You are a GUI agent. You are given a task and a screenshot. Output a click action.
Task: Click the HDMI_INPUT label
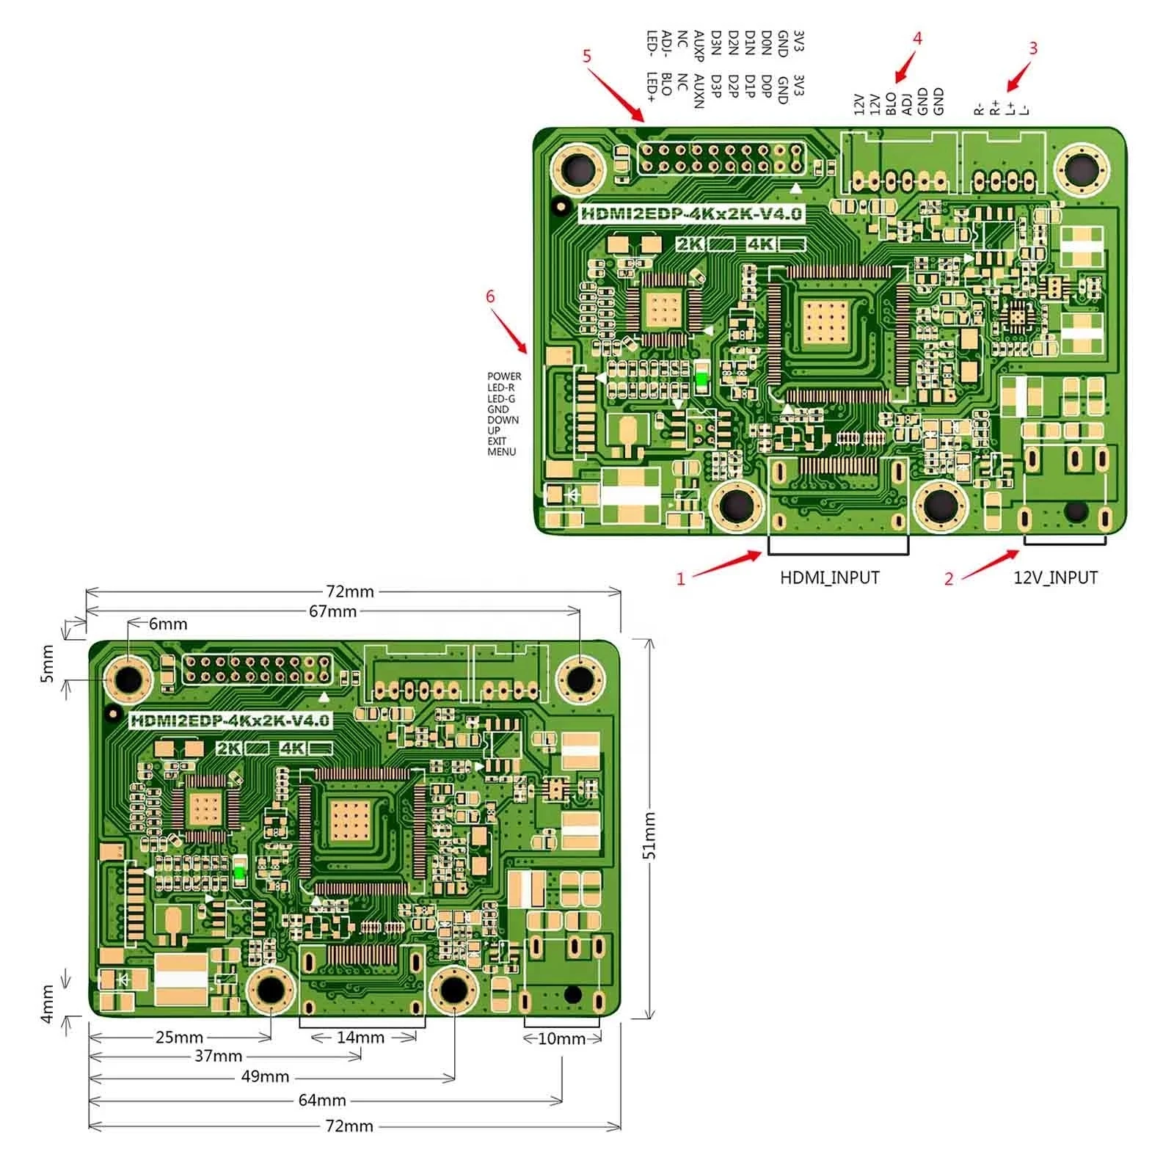(829, 577)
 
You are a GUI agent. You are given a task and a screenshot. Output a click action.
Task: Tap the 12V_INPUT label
(1055, 577)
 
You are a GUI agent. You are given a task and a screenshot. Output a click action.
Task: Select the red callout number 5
(586, 56)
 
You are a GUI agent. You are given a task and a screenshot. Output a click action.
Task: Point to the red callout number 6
(490, 296)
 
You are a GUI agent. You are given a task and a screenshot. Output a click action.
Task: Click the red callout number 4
(917, 38)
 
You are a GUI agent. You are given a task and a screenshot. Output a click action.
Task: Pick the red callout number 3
(1033, 48)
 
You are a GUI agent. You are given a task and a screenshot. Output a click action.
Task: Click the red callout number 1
(680, 579)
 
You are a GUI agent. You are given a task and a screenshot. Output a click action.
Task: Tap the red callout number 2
(948, 579)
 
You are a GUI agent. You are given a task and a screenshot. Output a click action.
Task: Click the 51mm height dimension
(649, 835)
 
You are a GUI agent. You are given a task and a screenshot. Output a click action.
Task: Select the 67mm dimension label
(332, 611)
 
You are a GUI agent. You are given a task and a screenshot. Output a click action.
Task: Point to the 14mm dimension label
(360, 1038)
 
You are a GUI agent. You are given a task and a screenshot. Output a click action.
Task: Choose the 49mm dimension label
(265, 1076)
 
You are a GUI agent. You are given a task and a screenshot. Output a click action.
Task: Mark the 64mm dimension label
(322, 1101)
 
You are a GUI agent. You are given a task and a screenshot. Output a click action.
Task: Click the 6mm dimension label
(168, 624)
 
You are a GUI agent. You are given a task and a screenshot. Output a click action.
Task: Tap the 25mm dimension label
(179, 1038)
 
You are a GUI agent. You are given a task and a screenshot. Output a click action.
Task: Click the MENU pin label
(502, 452)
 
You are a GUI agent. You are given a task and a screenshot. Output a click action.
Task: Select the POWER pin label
(504, 376)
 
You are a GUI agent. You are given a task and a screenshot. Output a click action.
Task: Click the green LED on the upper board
(701, 379)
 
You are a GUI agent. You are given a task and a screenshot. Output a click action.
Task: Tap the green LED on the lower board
(240, 872)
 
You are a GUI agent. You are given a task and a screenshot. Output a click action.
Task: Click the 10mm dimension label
(561, 1039)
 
